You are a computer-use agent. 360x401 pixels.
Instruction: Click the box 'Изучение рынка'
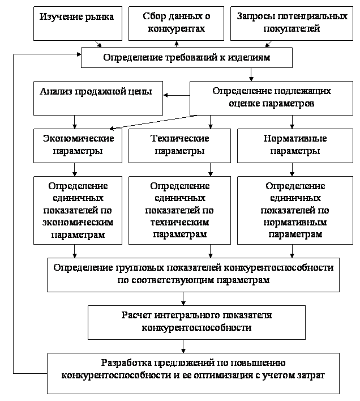pyautogui.click(x=78, y=24)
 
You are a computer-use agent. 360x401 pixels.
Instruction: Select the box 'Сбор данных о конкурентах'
pyautogui.click(x=176, y=24)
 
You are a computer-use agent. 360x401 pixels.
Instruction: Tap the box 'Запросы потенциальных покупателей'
pyautogui.click(x=292, y=24)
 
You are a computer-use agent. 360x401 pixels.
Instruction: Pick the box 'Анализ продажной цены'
pyautogui.click(x=98, y=98)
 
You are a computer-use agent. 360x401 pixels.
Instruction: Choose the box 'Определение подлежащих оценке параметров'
pyautogui.click(x=271, y=98)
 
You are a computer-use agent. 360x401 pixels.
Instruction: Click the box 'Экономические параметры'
pyautogui.click(x=78, y=146)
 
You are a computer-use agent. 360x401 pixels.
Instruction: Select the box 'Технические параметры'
pyautogui.click(x=179, y=146)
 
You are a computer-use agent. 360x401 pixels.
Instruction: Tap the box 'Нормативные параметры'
pyautogui.click(x=295, y=146)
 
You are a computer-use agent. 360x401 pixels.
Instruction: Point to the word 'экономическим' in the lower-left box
pyautogui.click(x=78, y=222)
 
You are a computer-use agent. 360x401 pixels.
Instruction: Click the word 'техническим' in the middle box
pyautogui.click(x=179, y=222)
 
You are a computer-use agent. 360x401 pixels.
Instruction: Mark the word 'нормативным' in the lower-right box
pyautogui.click(x=295, y=222)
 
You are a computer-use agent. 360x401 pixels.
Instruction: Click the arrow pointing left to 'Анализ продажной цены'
pyautogui.click(x=176, y=95)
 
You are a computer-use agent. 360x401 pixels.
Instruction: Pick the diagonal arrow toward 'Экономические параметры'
pyautogui.click(x=153, y=122)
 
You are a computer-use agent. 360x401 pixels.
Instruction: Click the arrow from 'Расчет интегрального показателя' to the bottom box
pyautogui.click(x=183, y=347)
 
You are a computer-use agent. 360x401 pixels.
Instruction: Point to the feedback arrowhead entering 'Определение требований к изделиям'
pyautogui.click(x=79, y=54)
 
